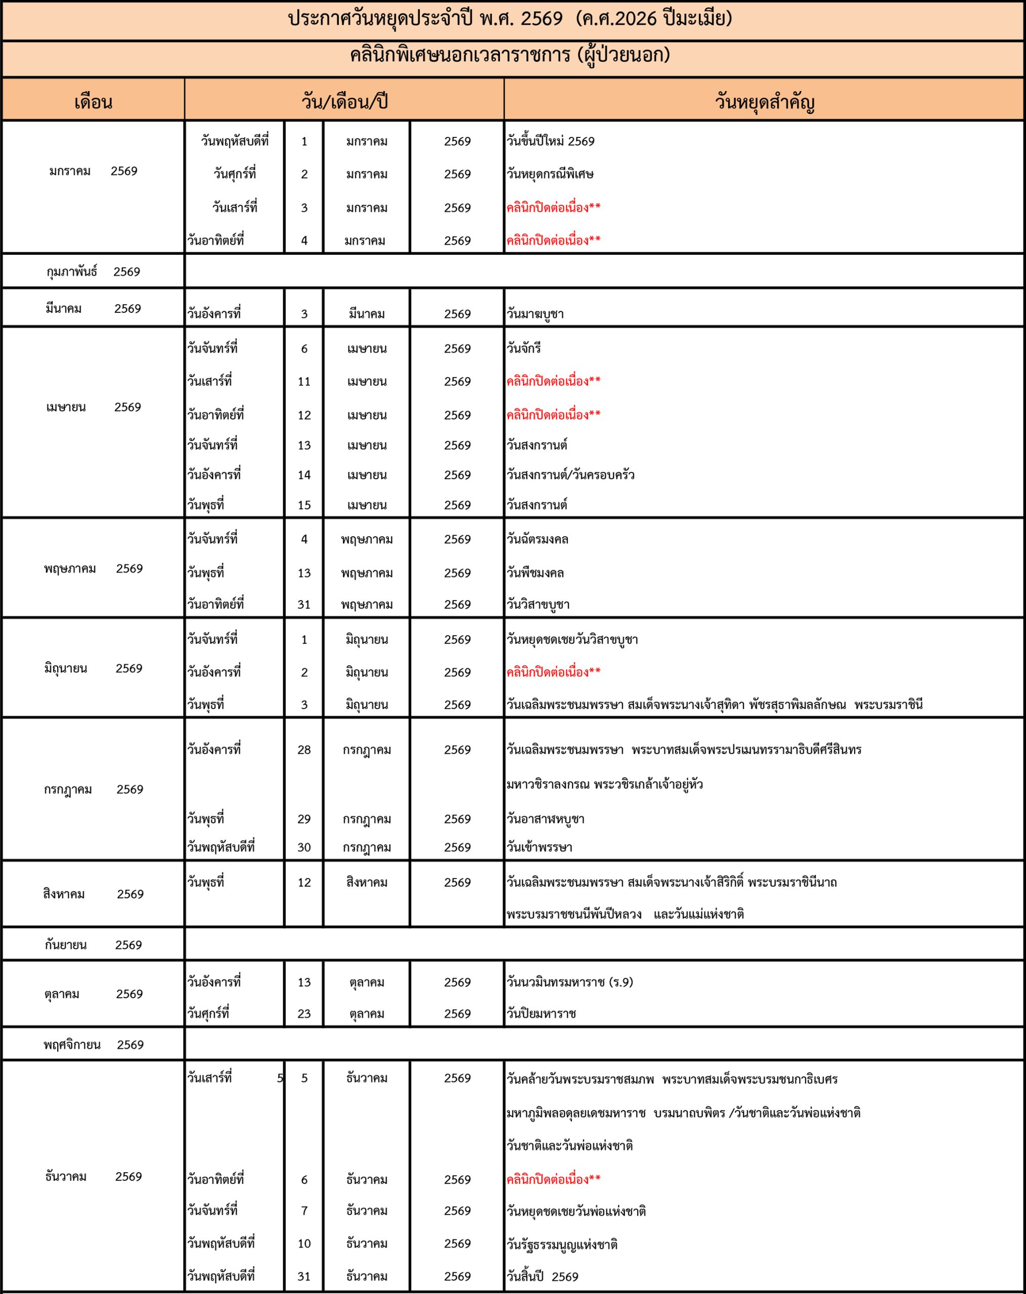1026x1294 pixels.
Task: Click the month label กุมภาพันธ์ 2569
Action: pyautogui.click(x=93, y=272)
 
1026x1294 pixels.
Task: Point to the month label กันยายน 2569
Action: pyautogui.click(x=93, y=945)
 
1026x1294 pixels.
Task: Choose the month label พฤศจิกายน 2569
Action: pyautogui.click(x=93, y=1045)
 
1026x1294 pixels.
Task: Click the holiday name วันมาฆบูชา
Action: pyautogui.click(x=535, y=314)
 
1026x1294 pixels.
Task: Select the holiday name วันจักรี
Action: pyautogui.click(x=523, y=349)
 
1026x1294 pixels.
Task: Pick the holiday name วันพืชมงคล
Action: pyautogui.click(x=535, y=573)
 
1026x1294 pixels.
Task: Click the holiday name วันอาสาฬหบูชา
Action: pyautogui.click(x=545, y=819)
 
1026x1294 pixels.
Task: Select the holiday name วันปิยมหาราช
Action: pyautogui.click(x=541, y=1013)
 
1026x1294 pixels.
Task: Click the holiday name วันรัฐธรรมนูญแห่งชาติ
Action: pyautogui.click(x=562, y=1244)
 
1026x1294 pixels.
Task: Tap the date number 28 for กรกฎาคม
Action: pyautogui.click(x=304, y=750)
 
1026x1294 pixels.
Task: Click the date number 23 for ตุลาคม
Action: pyautogui.click(x=304, y=1013)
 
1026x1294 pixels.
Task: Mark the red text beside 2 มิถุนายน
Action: pyautogui.click(x=553, y=672)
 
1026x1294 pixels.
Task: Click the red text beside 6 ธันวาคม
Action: pyautogui.click(x=553, y=1179)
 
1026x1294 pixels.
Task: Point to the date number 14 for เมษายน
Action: pyautogui.click(x=304, y=475)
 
